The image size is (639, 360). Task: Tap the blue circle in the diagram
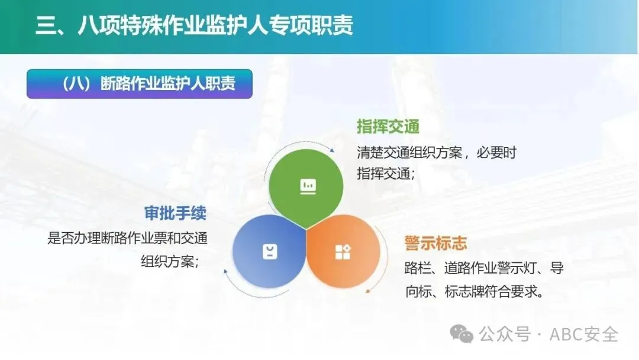point(269,252)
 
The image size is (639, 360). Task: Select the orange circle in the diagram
point(343,252)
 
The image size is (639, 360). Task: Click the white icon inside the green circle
point(308,187)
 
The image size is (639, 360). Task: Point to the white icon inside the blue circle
point(270,252)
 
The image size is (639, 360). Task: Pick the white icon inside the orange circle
point(343,252)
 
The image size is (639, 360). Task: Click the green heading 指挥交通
point(388,126)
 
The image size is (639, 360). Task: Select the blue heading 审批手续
point(175,213)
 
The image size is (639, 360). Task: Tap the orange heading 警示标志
point(435,243)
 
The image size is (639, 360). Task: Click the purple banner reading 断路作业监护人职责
point(140,84)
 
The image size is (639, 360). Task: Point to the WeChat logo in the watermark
point(461,334)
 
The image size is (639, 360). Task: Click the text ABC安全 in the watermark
point(583,335)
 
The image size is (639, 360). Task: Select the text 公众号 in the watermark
point(505,335)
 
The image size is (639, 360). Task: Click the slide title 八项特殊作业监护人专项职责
point(215,25)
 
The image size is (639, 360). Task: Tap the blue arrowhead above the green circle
point(332,150)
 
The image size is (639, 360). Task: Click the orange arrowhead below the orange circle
point(368,291)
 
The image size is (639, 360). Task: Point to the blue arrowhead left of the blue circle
point(225,271)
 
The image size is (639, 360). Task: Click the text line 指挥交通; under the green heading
point(386,174)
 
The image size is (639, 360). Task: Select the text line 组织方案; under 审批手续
point(170,261)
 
